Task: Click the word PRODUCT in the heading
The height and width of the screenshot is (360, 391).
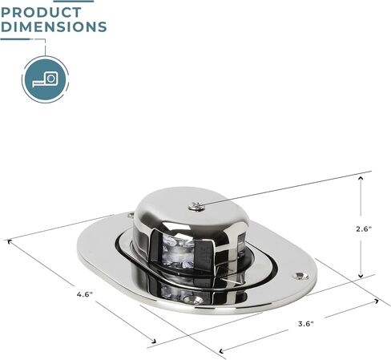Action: [41, 12]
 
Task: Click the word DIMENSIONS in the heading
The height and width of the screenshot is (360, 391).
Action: [54, 26]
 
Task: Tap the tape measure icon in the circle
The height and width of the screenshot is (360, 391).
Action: [45, 79]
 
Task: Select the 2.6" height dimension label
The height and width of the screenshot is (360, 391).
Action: [364, 229]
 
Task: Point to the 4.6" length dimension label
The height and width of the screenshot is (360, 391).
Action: [85, 294]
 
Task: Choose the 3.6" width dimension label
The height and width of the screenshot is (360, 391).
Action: [306, 324]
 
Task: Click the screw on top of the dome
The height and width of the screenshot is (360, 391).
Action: [195, 206]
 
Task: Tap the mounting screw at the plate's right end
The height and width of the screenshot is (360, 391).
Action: [301, 276]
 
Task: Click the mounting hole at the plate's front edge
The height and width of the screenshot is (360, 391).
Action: [194, 299]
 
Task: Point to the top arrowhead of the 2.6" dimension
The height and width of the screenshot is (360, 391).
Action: [361, 178]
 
